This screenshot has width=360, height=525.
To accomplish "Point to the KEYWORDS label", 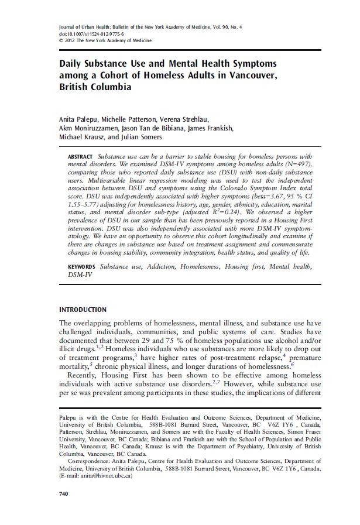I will tap(83, 266).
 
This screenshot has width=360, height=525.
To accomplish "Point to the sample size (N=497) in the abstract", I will tap(299, 166).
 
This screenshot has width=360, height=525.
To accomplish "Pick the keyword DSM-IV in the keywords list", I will tap(80, 274).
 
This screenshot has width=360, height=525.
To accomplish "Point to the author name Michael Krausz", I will tap(83, 138).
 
